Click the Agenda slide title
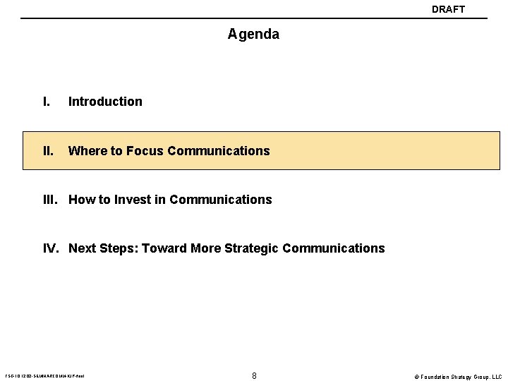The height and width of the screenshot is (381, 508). coord(253,34)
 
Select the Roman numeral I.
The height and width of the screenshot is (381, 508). coord(46,101)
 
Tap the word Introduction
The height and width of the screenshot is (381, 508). coord(105,101)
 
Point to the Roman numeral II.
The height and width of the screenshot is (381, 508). coord(48,150)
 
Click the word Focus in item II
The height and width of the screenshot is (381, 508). coord(145,150)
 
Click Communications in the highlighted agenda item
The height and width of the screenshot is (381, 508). coord(219,150)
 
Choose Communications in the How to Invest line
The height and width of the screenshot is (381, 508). coord(221,200)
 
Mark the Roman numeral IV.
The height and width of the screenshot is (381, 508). coord(52,248)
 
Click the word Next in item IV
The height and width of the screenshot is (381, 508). coord(82,248)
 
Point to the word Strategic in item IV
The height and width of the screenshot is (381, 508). coord(252,248)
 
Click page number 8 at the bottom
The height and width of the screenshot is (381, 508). coord(254,375)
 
